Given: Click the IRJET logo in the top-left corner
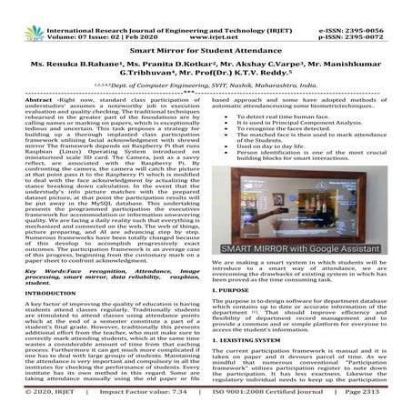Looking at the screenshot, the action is point(21,13).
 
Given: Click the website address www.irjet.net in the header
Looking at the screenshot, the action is point(207,17).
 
